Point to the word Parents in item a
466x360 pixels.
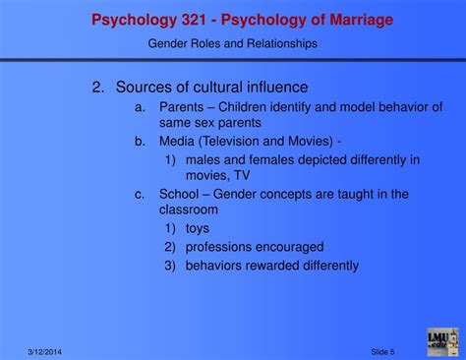[x=182, y=106]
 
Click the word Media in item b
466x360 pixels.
[x=176, y=141]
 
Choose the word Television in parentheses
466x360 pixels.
[x=232, y=141]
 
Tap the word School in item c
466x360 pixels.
[x=180, y=194]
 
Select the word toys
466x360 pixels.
[x=198, y=229]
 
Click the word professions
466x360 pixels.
[x=221, y=247]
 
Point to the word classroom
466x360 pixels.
[x=189, y=210]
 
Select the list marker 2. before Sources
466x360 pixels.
[x=98, y=88]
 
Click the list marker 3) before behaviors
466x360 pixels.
[x=170, y=265]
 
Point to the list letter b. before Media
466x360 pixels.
[x=141, y=141]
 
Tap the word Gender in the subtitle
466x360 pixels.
[x=168, y=43]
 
